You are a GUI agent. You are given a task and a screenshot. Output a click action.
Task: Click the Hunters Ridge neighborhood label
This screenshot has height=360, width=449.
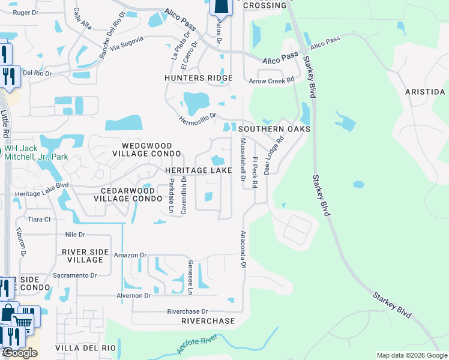199,78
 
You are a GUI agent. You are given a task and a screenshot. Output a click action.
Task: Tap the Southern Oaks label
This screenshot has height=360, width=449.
274,129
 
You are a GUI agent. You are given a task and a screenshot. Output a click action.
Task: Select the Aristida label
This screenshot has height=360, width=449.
425,92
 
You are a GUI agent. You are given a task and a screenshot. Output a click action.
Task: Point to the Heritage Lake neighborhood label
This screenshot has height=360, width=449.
199,171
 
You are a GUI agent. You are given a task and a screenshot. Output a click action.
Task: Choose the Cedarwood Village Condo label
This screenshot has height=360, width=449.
127,194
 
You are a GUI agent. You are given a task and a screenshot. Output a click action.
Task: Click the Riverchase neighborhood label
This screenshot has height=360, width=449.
208,321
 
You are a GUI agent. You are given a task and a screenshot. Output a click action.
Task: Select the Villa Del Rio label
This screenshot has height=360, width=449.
85,348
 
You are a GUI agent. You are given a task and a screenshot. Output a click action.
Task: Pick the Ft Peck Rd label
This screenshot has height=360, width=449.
255,173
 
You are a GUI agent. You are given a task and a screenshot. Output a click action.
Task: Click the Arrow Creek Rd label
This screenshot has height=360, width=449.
272,80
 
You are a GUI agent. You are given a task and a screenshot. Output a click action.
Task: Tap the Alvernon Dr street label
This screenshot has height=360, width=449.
134,296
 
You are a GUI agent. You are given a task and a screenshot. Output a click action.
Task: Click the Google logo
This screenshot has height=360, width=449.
20,353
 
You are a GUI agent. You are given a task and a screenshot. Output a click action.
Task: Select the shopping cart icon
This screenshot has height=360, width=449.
23,321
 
